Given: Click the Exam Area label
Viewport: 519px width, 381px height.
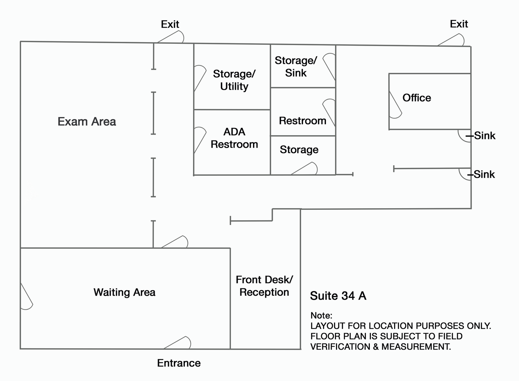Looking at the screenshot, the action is pos(87,122).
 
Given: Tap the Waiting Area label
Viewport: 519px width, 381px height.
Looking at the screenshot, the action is pos(125,292).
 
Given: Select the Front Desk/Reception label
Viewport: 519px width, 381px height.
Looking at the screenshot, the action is pos(264,286).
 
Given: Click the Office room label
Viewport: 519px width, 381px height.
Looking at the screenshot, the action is pos(416,98).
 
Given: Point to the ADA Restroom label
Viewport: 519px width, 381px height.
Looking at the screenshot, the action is pos(234,138).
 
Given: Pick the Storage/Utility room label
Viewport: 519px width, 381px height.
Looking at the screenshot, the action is pos(234,80).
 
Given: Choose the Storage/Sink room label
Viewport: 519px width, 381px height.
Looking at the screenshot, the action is pos(296,67).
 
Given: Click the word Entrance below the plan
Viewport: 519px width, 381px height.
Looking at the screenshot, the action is pos(179,363).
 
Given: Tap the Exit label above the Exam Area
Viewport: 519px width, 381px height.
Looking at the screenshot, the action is pos(170,24).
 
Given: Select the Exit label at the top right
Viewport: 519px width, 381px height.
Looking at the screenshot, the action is pos(459,24).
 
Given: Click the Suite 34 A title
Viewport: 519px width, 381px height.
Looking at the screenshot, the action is pos(338,296).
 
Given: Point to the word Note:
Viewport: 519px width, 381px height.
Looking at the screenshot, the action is pos(321,316).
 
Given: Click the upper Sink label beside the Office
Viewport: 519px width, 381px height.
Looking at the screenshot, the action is pos(485,136).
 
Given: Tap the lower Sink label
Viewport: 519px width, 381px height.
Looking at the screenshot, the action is pos(484,174).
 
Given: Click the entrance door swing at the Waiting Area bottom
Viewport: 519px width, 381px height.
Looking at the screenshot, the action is pos(177,343).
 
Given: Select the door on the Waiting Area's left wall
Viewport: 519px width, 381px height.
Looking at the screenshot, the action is pos(27,296).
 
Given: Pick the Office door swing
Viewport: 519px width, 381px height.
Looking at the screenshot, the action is pos(395,105).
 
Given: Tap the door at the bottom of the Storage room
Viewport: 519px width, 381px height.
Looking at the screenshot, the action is pos(304,168).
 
